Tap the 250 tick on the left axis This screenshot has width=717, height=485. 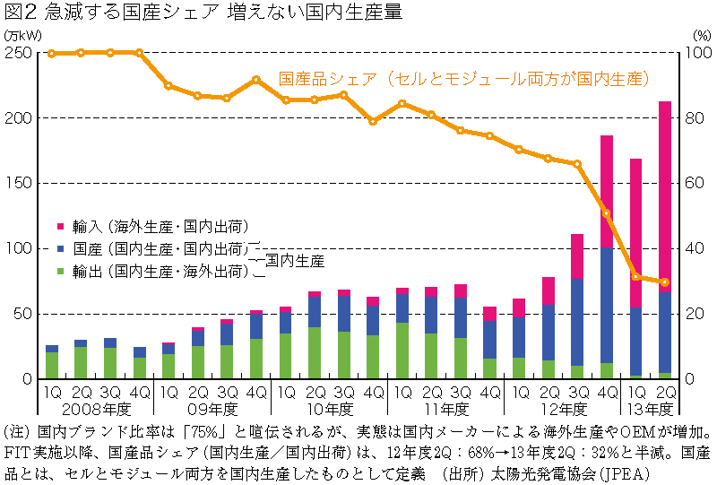21,53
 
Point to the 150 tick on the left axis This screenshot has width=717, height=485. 21,183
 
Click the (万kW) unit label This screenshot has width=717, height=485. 20,33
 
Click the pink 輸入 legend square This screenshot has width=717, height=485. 60,226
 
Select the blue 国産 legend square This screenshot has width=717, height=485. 60,248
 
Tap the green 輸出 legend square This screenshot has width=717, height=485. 60,271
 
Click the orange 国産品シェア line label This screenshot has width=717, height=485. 462,79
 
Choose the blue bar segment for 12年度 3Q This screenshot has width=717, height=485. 577,322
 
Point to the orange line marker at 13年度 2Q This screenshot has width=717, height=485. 665,282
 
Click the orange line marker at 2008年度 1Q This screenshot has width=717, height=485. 51,54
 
